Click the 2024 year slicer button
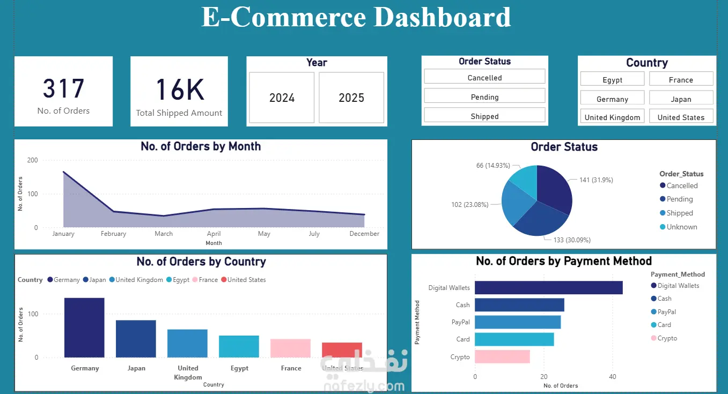282,98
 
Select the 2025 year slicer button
351,98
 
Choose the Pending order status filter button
484,97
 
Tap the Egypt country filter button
612,80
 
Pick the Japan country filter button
681,99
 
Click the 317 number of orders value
63,89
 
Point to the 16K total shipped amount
179,90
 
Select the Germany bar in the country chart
84,328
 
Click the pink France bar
290,348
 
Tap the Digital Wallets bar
548,288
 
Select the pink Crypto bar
502,356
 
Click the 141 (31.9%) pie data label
596,180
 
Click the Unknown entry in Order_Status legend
681,227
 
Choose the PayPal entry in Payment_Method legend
666,312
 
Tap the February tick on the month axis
113,234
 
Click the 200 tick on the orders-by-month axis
32,160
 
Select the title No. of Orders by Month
201,146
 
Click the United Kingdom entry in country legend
139,280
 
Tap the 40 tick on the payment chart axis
613,377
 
